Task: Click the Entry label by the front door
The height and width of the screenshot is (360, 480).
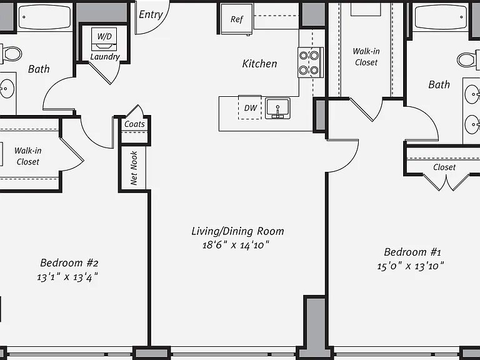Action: tap(151, 15)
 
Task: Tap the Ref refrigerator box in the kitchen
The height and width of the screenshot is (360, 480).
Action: tap(237, 19)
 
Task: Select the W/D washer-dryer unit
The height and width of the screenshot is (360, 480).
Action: tap(104, 39)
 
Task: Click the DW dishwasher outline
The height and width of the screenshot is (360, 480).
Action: tap(250, 107)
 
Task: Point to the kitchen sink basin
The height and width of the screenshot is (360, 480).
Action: tap(277, 108)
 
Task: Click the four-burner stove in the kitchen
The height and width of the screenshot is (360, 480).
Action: tap(311, 62)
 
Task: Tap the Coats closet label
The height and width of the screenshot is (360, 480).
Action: tap(134, 124)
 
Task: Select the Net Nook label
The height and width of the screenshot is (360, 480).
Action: tap(134, 167)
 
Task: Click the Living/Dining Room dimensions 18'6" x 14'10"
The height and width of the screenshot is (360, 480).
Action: tap(236, 245)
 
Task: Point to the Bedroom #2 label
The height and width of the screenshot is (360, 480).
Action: tap(69, 262)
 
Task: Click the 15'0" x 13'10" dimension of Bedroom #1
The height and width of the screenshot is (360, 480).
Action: tap(410, 266)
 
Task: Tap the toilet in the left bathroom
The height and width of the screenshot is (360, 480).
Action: tap(11, 54)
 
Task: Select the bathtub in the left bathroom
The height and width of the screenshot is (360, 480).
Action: tap(45, 17)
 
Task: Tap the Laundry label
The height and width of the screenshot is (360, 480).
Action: tap(105, 57)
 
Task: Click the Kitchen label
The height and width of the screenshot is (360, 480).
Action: tap(259, 64)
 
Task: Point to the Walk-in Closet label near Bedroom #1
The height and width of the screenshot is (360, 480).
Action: tap(366, 57)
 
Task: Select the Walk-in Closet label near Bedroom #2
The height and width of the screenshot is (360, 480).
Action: tap(28, 156)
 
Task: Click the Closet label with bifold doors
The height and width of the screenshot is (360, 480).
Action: tap(444, 167)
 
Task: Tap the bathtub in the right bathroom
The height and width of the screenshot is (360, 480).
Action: tap(441, 17)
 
